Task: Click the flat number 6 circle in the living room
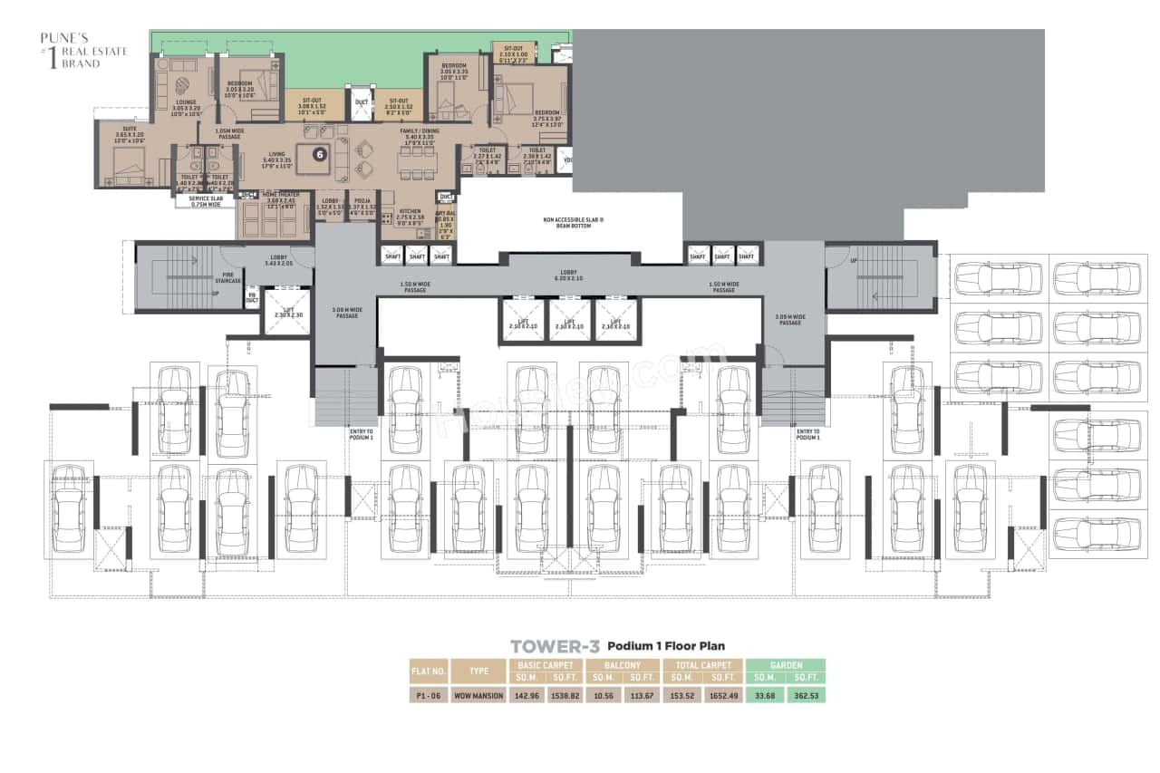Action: [319, 154]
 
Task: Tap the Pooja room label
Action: [362, 202]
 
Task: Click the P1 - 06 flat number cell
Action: [428, 695]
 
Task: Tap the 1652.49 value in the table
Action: [722, 695]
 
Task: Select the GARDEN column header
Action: [785, 665]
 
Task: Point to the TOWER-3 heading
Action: [555, 646]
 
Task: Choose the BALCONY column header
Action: [624, 665]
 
